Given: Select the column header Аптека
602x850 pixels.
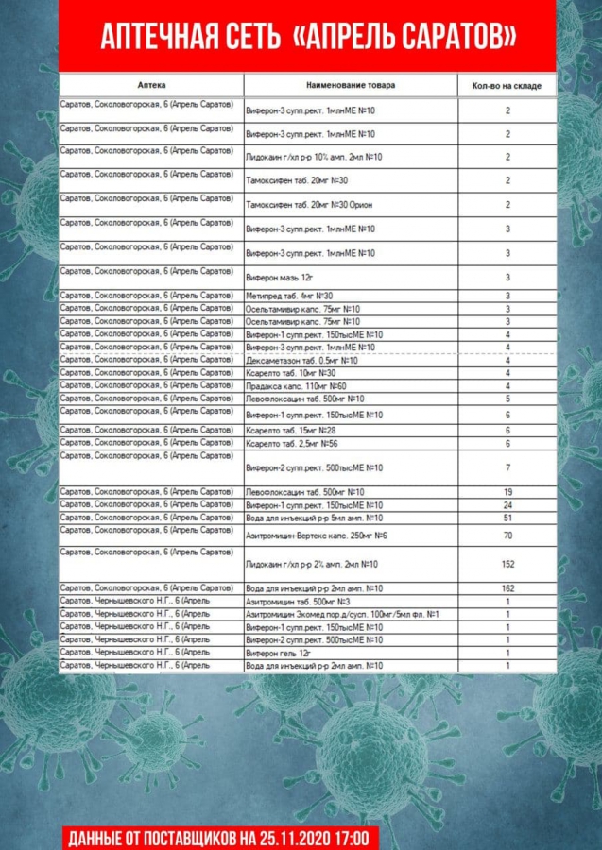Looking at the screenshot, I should pos(150,85).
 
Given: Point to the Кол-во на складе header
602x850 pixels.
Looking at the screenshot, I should pos(507,86).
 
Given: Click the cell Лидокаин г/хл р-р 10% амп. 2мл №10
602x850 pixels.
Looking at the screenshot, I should pos(313,157).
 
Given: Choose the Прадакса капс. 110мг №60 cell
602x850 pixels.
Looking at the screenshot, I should pos(295,386).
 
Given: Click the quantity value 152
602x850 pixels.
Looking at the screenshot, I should pos(507,564).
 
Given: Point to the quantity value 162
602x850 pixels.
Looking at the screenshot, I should pos(507,588).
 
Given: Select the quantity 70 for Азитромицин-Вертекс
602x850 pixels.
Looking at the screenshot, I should pos(507,535).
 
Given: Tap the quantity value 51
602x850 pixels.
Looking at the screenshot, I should pos(507,518).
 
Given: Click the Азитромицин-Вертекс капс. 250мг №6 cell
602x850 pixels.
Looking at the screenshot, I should pos(310,535).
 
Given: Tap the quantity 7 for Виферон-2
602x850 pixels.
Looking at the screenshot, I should pos(507,467).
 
